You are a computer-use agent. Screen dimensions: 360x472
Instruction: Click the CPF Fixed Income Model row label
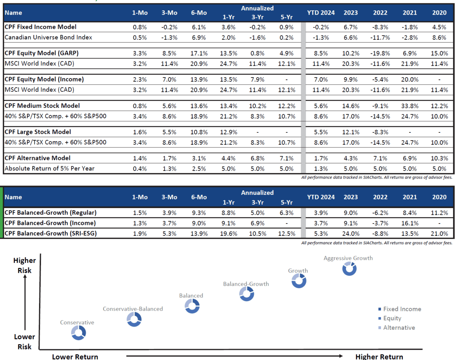[x=41, y=27]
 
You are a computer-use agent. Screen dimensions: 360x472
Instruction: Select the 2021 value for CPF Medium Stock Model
[x=410, y=106]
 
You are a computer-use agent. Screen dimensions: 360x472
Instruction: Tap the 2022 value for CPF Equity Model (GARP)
[x=380, y=53]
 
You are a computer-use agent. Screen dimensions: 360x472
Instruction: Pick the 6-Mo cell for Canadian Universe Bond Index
[x=199, y=38]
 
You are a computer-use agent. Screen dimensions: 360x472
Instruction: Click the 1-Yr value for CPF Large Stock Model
[x=228, y=132]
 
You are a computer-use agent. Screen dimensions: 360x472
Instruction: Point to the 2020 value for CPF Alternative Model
[x=439, y=158]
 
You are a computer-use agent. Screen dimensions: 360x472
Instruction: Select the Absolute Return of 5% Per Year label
[x=49, y=169]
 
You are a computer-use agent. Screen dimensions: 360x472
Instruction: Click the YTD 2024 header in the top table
[x=321, y=13]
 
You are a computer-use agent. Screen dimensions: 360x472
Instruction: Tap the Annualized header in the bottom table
[x=257, y=193]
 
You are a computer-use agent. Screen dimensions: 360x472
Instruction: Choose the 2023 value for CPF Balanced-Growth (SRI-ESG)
[x=351, y=233]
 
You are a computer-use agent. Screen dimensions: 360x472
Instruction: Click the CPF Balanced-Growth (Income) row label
[x=50, y=223]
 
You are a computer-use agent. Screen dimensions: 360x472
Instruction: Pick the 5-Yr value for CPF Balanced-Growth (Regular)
[x=287, y=213]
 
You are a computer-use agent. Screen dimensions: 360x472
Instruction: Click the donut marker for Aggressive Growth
[x=349, y=269]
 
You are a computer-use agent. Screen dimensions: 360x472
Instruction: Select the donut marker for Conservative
[x=78, y=333]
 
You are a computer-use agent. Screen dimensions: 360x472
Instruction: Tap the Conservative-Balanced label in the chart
[x=133, y=309]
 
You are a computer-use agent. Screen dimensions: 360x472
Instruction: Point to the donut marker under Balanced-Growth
[x=246, y=294]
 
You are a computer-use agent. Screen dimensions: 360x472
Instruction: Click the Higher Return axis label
[x=379, y=356]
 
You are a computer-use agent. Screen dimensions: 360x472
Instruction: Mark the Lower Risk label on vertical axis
[x=24, y=342]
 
